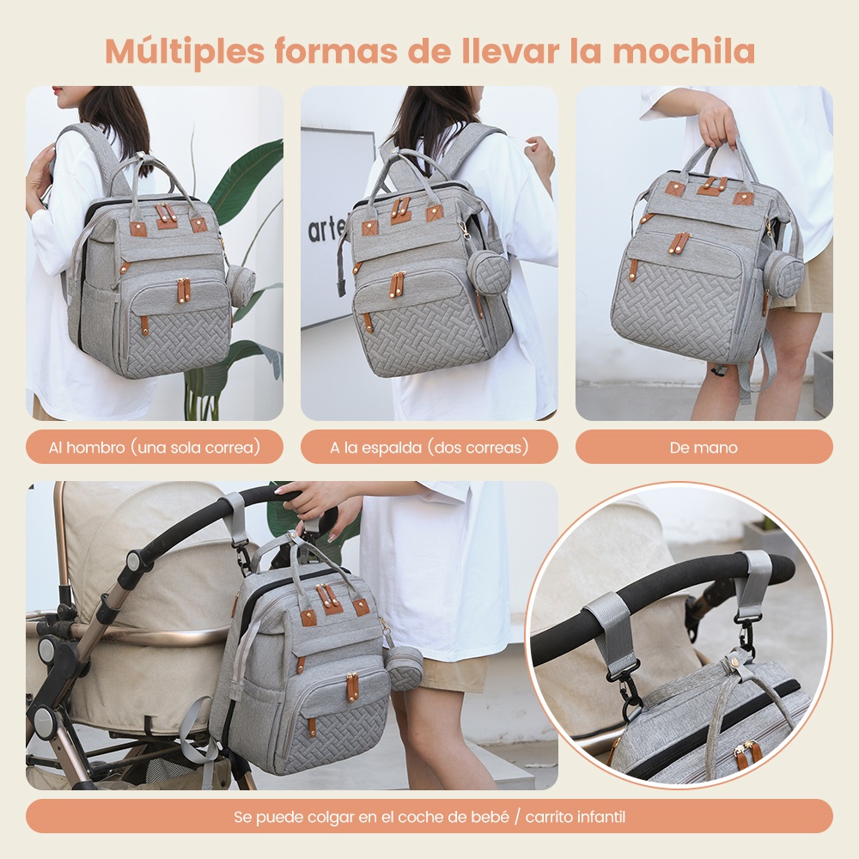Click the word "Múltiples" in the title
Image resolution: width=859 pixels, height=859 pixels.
pyautogui.click(x=185, y=52)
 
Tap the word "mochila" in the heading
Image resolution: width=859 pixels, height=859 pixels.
pyautogui.click(x=684, y=51)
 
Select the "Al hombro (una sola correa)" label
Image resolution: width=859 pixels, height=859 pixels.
pyautogui.click(x=155, y=447)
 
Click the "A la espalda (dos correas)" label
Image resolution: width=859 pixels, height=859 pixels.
pyautogui.click(x=429, y=447)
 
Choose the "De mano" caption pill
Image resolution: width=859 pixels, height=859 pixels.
pyautogui.click(x=704, y=447)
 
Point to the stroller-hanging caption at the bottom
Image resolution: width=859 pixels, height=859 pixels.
pyautogui.click(x=429, y=816)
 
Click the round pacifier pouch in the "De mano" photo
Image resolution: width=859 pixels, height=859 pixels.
pyautogui.click(x=784, y=276)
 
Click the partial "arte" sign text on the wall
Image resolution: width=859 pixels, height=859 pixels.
pyautogui.click(x=327, y=229)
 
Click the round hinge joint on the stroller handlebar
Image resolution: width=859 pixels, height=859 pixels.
pyautogui.click(x=133, y=562)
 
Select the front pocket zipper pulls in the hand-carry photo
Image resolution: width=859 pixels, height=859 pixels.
pyautogui.click(x=679, y=242)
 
